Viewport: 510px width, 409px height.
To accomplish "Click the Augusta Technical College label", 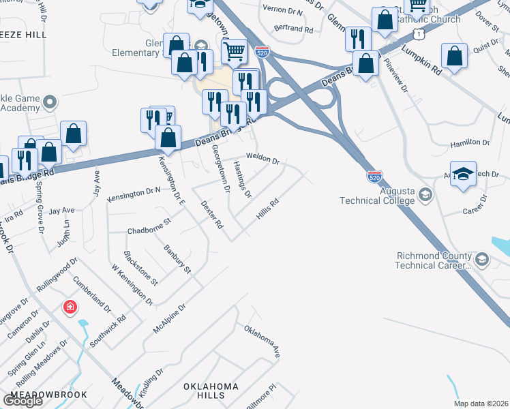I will coord(378,196).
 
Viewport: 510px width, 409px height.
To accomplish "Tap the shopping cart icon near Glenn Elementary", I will coord(234,50).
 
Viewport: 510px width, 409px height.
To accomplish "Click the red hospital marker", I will coord(70,307).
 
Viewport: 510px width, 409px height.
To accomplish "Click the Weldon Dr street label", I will coord(264,158).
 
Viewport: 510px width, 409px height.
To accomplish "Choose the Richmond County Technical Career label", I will coord(434,260).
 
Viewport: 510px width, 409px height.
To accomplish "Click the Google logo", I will coord(22,400).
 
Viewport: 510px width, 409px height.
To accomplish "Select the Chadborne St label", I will coord(149,226).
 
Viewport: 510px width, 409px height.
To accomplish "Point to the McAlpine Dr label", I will coord(169,318).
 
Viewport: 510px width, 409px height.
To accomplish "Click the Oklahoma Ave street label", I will coord(262,342).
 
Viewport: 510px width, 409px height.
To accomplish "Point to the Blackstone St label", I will coord(140,268).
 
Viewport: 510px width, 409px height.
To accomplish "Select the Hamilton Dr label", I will coord(470,144).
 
